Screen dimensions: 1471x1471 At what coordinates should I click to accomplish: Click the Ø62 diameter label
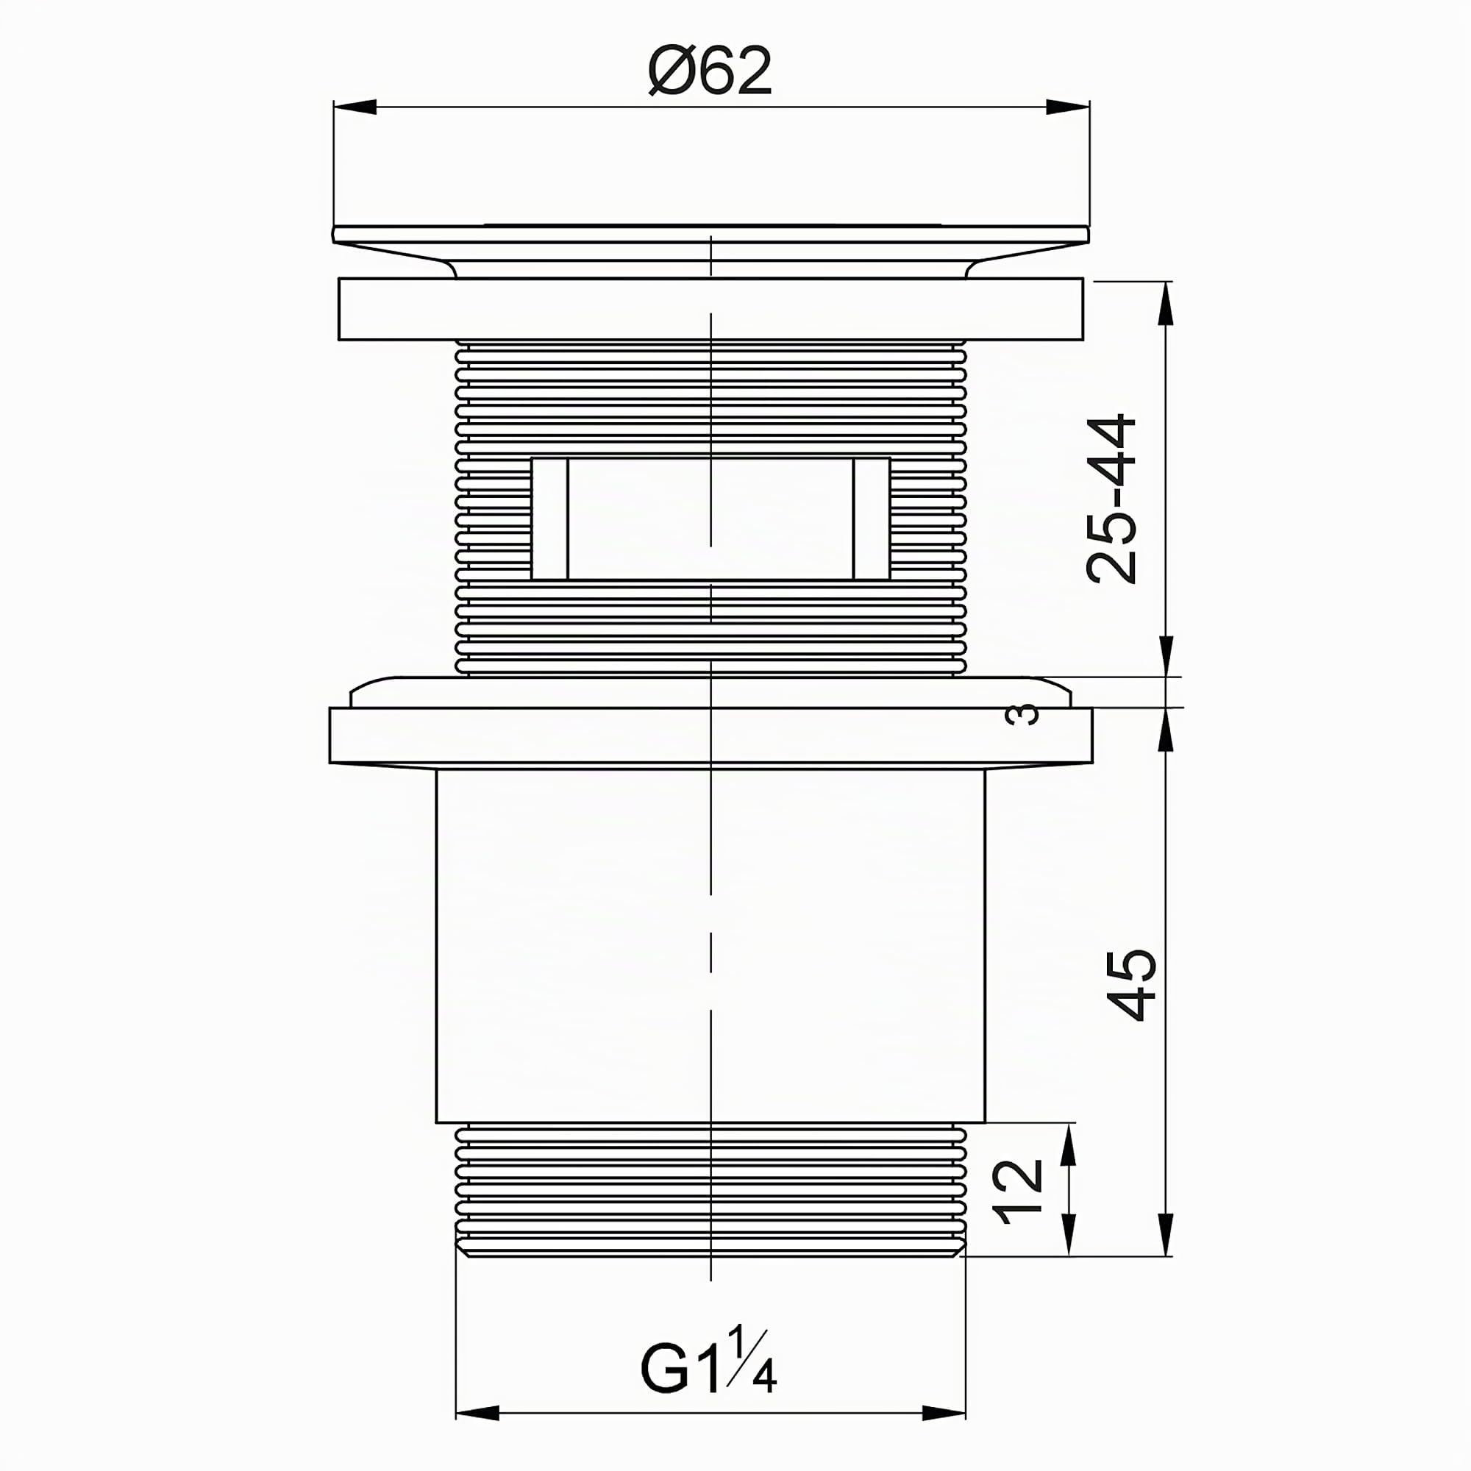710,71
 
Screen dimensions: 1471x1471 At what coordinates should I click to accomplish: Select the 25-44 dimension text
1112,499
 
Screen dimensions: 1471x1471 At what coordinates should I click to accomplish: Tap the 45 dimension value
1133,985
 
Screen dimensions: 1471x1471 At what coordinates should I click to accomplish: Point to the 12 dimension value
1019,1192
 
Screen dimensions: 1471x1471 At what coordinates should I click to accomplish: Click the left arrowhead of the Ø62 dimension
355,107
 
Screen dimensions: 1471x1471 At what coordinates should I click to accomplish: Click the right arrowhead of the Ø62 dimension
1067,107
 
